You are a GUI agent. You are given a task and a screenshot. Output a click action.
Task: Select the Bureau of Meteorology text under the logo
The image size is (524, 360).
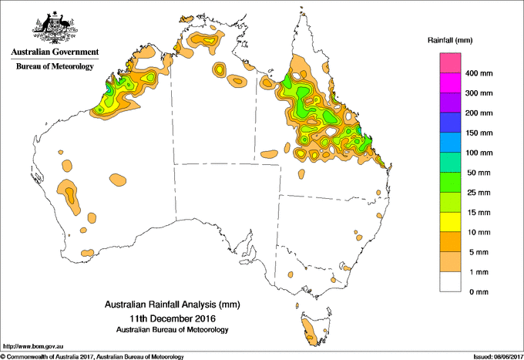[x=55, y=67]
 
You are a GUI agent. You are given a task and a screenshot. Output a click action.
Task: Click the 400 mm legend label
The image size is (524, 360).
[x=483, y=74]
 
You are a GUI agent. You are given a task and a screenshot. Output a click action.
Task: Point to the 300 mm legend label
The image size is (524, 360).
[x=483, y=94]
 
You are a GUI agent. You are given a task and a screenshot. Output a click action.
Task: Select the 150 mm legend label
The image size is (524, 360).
[x=483, y=133]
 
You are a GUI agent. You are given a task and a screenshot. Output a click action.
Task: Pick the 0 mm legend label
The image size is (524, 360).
[x=479, y=292]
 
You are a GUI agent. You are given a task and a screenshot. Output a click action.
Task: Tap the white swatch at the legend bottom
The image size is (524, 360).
[x=451, y=282]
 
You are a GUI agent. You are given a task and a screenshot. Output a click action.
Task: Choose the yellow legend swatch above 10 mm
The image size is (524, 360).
[x=451, y=222]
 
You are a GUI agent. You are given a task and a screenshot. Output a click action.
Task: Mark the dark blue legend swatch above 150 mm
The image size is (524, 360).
[x=451, y=123]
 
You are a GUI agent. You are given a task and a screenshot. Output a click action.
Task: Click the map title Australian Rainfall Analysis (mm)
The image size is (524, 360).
[x=172, y=304]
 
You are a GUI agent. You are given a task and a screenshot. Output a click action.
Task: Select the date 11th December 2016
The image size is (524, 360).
[x=172, y=318]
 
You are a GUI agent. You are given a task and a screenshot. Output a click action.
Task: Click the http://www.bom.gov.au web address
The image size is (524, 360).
[x=33, y=347]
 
